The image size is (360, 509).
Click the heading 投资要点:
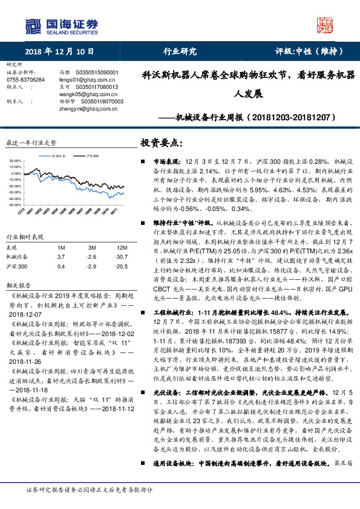click(x=162, y=143)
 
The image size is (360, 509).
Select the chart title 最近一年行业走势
click(x=31, y=143)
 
